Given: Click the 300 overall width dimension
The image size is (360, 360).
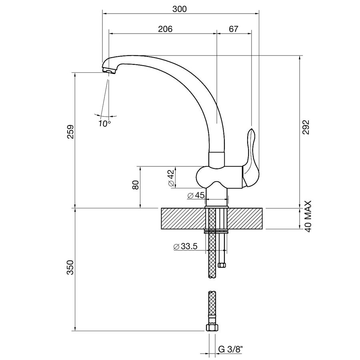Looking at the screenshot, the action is point(180,9).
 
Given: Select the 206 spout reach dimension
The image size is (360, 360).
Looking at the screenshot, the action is point(165,29).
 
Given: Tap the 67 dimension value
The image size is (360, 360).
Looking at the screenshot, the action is point(234,29).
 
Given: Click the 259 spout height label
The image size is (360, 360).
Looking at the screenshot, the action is point(70,132).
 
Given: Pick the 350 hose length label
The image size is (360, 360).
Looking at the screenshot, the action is point(70,268).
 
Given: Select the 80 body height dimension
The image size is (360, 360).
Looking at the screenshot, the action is point(136,185).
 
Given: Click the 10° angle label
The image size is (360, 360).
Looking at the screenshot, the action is point(105,124).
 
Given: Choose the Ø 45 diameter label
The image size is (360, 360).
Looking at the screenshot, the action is point(196,195).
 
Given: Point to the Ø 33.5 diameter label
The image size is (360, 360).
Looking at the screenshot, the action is point(186,246).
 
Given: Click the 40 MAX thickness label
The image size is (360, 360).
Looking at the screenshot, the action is point(308,216).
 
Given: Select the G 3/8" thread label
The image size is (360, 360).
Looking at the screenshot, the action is point(230,350).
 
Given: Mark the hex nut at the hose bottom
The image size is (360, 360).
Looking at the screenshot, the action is point(212,327).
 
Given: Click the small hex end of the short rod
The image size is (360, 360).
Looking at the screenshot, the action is point(222,265).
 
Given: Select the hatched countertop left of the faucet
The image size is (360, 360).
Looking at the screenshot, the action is point(183,218).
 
